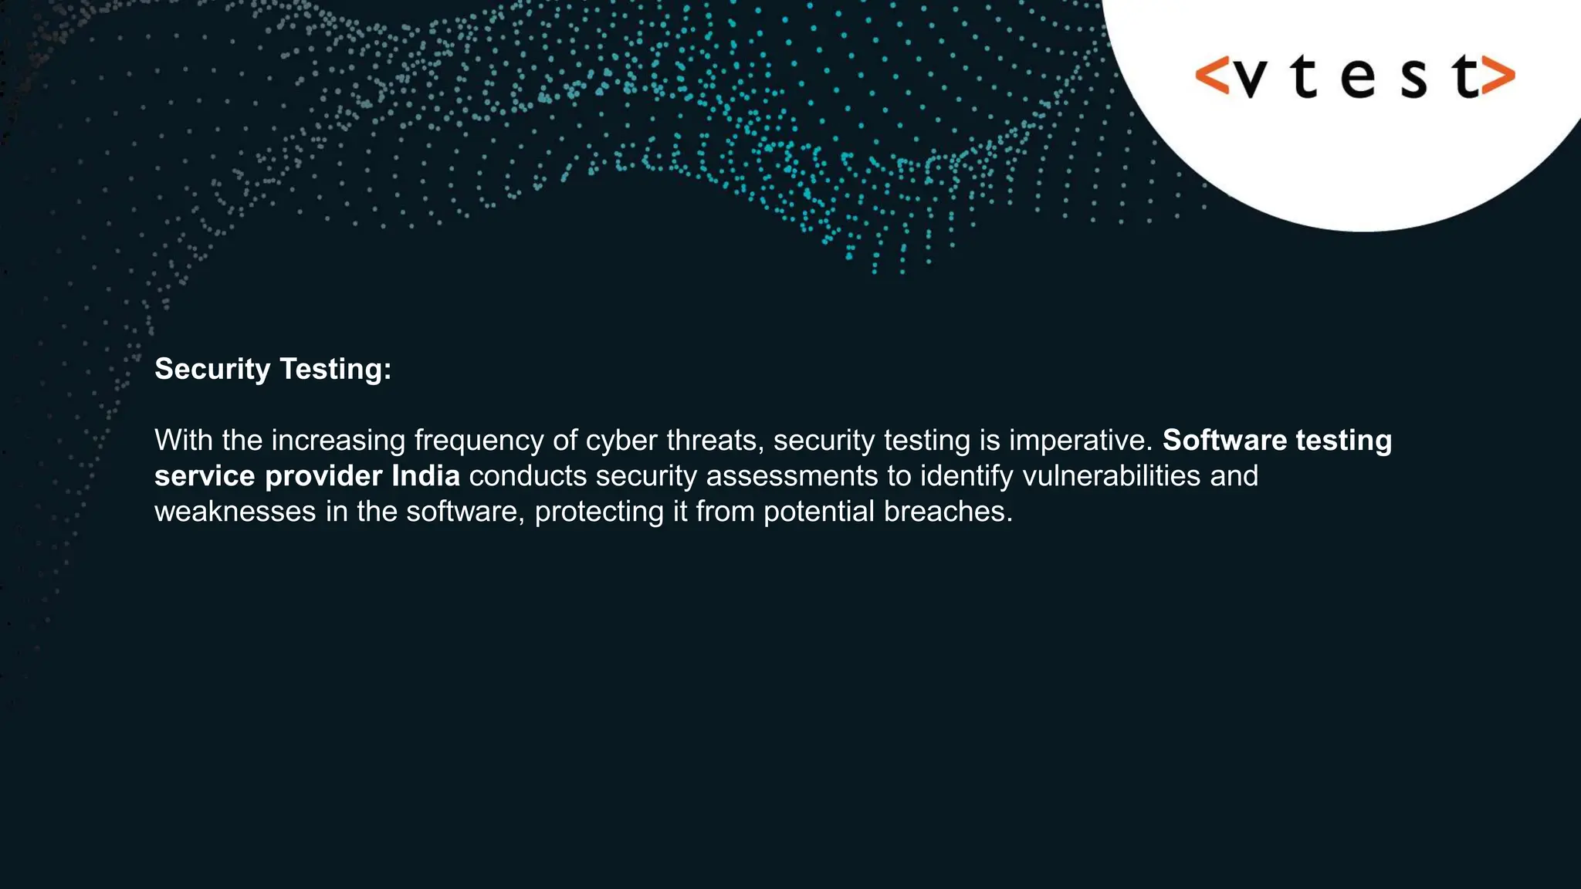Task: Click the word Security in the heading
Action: click(x=212, y=370)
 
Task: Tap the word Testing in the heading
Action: click(x=335, y=370)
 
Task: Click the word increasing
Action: click(x=338, y=441)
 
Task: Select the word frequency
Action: click(x=479, y=441)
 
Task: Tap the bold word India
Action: click(x=425, y=476)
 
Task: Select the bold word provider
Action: click(x=323, y=476)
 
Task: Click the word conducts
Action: click(x=528, y=476)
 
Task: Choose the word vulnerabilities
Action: click(x=1112, y=476)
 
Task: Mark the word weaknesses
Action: click(x=235, y=512)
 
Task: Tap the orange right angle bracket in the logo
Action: click(x=1498, y=76)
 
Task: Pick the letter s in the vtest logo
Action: click(x=1413, y=79)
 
